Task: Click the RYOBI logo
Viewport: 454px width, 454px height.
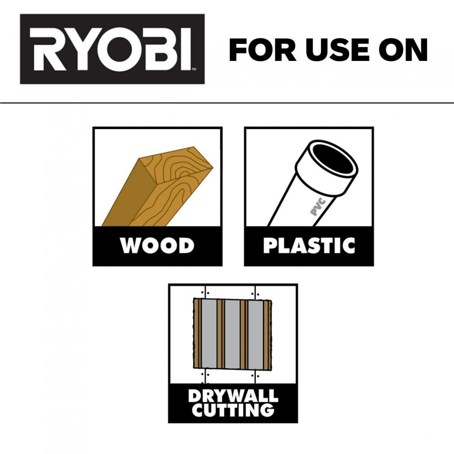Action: click(112, 49)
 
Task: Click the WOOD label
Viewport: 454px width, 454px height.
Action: click(157, 246)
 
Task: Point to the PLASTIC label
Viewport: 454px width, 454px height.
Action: click(309, 246)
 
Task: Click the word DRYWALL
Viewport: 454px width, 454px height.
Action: click(233, 396)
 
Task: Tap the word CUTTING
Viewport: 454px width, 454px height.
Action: click(233, 409)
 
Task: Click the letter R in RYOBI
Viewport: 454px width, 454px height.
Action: click(45, 49)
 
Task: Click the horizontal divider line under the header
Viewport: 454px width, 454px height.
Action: click(227, 103)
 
